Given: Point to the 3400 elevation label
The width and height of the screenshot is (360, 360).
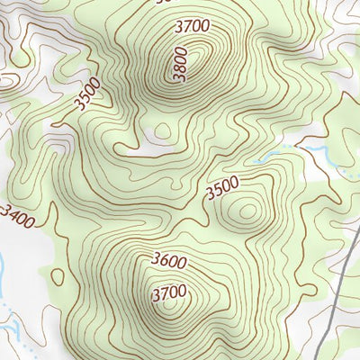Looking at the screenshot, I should pyautogui.click(x=19, y=216).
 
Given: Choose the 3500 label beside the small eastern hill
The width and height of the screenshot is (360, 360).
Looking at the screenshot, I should pyautogui.click(x=222, y=190).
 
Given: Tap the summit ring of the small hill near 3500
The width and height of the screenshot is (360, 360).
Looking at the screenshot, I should pyautogui.click(x=245, y=211).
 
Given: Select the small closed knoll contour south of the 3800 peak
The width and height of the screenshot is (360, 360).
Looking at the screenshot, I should pyautogui.click(x=162, y=131).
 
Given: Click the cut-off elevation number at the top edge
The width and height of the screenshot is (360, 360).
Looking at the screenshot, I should pyautogui.click(x=162, y=2).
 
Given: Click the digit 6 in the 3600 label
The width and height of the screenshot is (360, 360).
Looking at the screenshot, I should pyautogui.click(x=164, y=263).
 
